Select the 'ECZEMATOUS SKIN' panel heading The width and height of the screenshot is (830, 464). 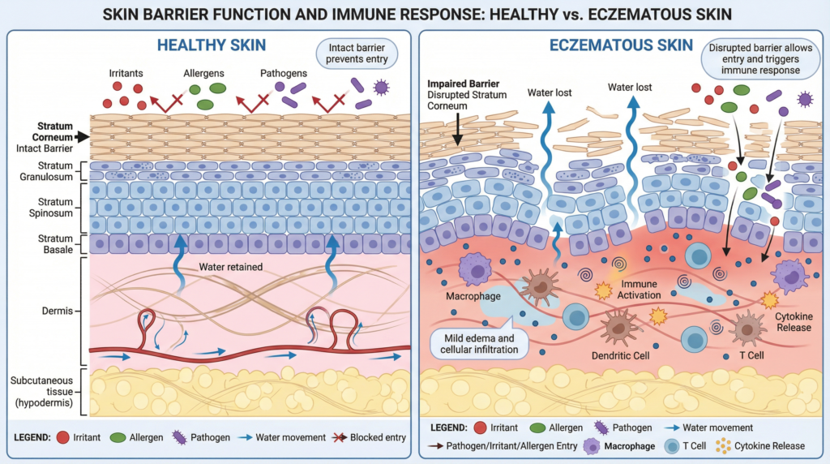[621, 45]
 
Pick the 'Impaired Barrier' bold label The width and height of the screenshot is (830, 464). [463, 84]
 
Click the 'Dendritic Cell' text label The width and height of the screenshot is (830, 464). [621, 354]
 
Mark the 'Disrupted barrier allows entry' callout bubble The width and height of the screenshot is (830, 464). [760, 59]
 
